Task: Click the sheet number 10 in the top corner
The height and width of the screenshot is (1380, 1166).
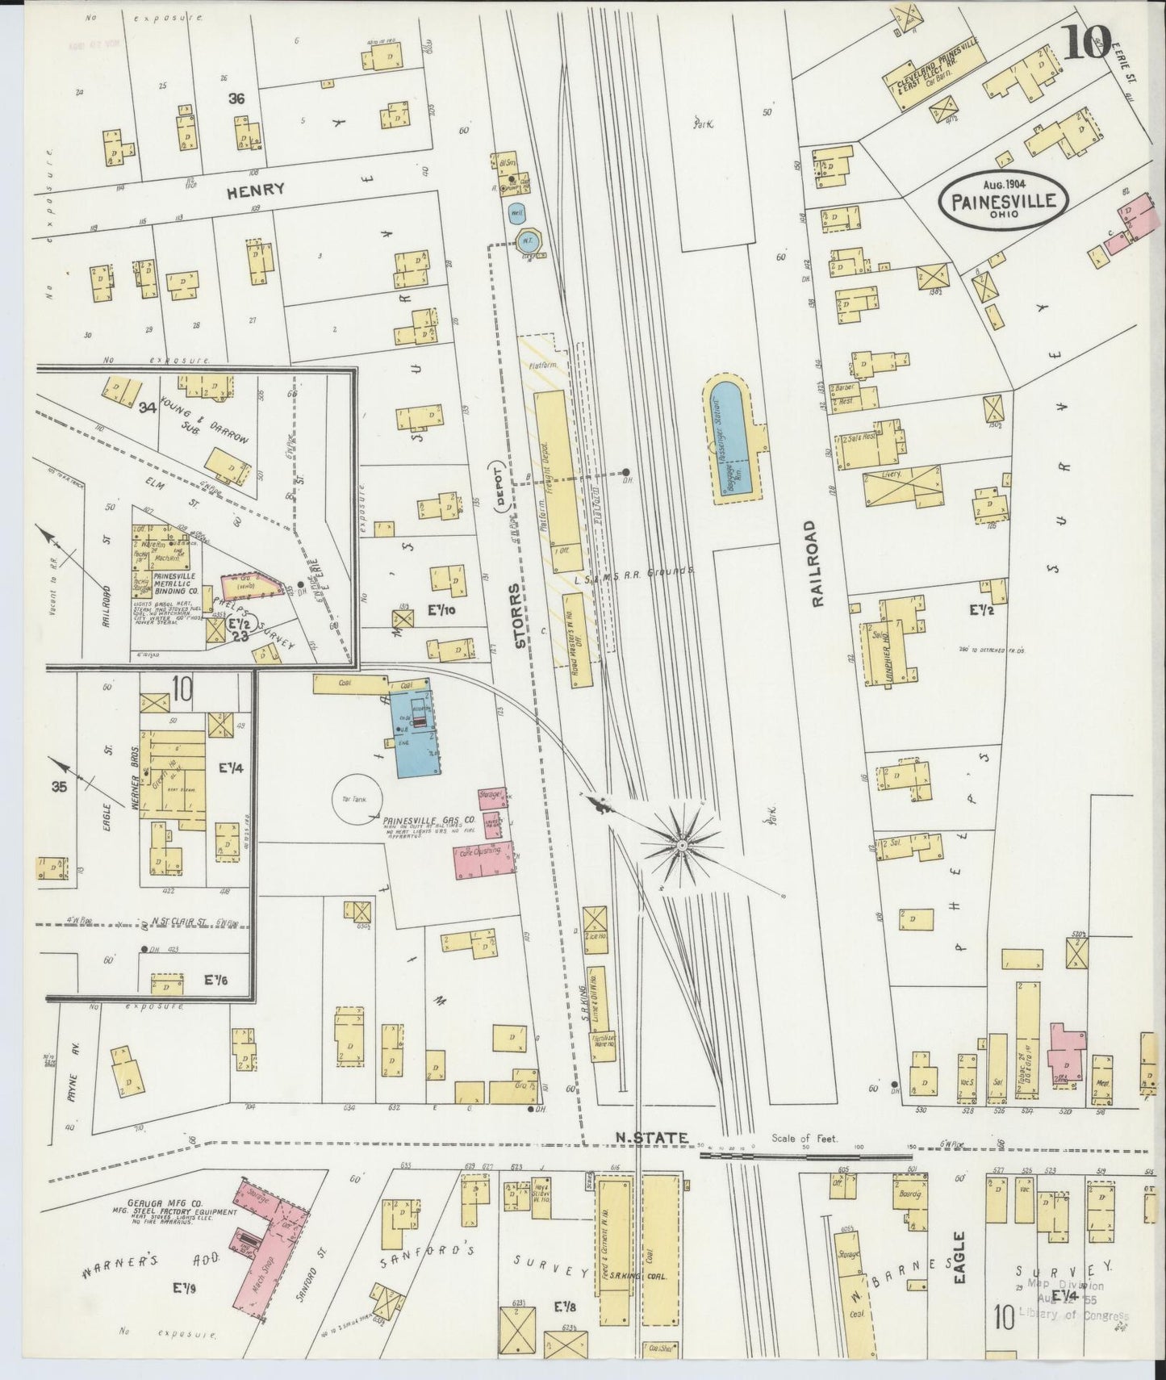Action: click(1087, 42)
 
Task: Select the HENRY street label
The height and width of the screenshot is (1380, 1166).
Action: click(255, 190)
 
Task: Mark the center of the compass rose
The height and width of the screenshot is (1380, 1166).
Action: click(682, 845)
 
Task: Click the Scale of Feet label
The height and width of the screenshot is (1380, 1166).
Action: click(804, 1139)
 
